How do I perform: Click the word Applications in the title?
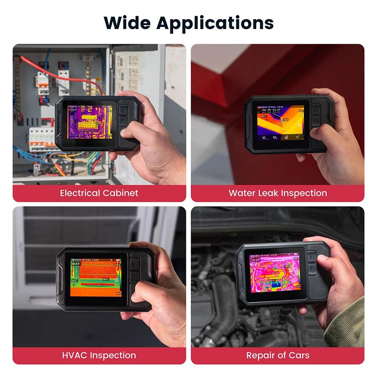tap(215, 23)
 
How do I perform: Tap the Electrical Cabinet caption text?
tap(99, 193)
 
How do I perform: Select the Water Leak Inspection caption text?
tap(278, 193)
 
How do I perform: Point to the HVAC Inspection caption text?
tap(99, 355)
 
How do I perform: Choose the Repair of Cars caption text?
tap(278, 355)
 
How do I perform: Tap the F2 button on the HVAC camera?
tap(135, 276)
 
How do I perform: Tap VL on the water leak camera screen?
tap(275, 138)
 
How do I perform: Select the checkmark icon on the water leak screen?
tap(298, 137)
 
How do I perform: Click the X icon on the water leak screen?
tap(264, 138)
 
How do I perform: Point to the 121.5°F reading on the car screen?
tap(256, 260)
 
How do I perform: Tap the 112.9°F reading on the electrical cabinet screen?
tap(72, 110)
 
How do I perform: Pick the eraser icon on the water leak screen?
tap(287, 137)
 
